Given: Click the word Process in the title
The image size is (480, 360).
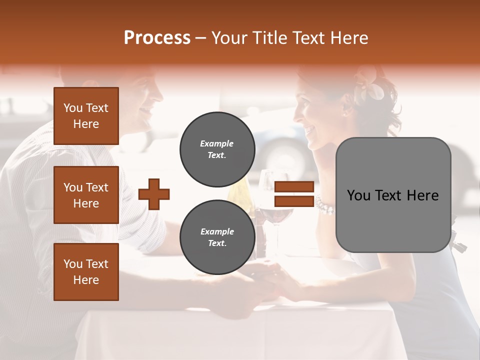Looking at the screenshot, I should click(157, 37).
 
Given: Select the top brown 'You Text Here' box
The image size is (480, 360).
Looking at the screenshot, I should click(86, 116).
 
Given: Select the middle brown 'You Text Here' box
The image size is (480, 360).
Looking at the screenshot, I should click(86, 195).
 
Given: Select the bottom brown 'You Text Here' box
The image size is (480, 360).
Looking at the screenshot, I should click(86, 271).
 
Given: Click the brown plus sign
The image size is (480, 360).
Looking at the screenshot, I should click(154, 194).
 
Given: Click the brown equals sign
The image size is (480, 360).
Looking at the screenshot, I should click(294, 194).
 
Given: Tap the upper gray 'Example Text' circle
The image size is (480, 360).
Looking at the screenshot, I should click(217, 149).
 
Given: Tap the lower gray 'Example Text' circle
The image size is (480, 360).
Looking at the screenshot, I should click(217, 237).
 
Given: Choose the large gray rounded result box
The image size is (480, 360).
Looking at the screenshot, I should click(393, 195).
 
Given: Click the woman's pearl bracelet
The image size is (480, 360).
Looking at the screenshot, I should click(324, 205).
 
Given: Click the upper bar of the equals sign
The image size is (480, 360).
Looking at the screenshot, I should click(294, 187).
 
